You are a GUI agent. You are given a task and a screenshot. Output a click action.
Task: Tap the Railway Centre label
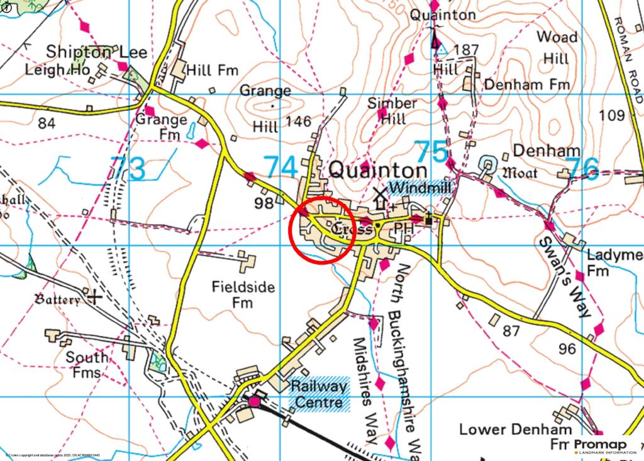coord(318,394)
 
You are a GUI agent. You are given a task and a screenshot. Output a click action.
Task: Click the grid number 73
coord(128,168)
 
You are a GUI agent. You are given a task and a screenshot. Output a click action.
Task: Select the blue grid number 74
coord(280,168)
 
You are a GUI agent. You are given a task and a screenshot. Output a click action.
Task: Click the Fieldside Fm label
coord(243,295)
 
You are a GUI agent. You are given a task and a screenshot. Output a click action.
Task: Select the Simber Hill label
coord(392,110)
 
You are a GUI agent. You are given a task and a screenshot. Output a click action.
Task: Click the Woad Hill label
coord(557,47)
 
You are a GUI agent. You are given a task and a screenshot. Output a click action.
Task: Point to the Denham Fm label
coord(527,84)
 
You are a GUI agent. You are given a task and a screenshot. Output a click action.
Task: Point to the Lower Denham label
coord(516,430)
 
